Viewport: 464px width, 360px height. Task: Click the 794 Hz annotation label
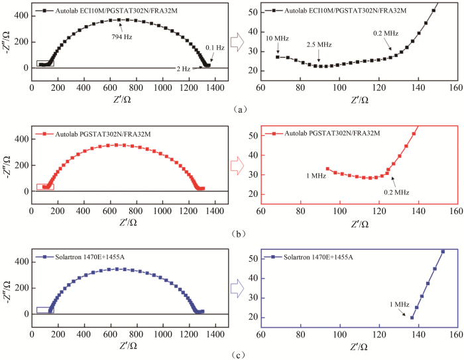122,36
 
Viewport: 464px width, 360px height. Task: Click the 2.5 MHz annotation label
319,44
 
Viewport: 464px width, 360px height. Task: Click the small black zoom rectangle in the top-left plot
45,64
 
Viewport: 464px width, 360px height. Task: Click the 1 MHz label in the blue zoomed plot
399,304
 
